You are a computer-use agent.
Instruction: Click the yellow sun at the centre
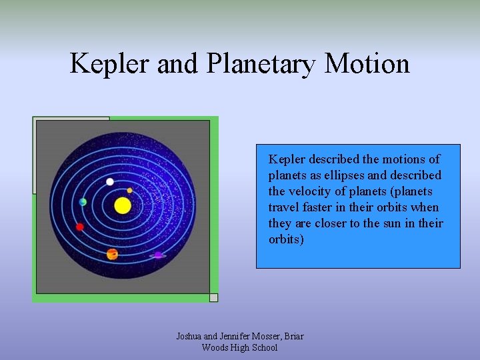pyautogui.click(x=123, y=205)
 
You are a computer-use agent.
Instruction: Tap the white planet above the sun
pyautogui.click(x=110, y=181)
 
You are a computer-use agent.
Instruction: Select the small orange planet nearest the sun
pyautogui.click(x=130, y=191)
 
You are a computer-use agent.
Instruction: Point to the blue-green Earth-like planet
pyautogui.click(x=83, y=202)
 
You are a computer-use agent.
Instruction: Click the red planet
pyautogui.click(x=80, y=227)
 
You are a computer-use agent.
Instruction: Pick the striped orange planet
pyautogui.click(x=112, y=254)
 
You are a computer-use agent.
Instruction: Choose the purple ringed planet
pyautogui.click(x=158, y=254)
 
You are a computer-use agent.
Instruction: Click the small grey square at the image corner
pyautogui.click(x=213, y=297)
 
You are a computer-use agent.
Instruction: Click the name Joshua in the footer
pyautogui.click(x=190, y=336)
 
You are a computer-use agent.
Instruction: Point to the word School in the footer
pyautogui.click(x=261, y=347)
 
